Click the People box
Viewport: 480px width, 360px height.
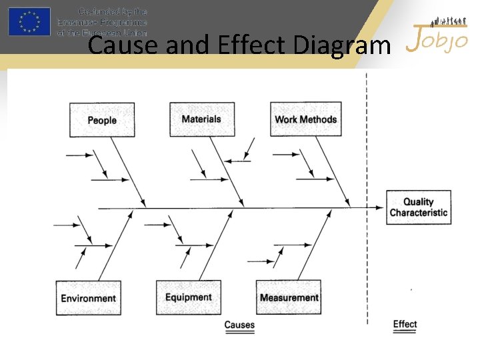102,120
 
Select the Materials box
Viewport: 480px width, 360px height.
201,119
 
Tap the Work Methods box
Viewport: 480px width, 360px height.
305,119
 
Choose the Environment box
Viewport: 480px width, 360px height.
89,298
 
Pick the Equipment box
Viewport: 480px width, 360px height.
189,297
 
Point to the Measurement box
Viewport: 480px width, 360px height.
289,297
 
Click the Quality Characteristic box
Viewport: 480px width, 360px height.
418,207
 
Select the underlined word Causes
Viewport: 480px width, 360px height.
239,325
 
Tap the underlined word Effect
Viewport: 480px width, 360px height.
405,325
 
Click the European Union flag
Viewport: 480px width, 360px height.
29,21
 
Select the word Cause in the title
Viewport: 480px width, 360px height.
116,46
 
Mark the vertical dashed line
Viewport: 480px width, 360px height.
367,167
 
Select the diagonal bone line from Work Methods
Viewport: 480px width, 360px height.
333,170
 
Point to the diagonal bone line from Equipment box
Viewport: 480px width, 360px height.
217,243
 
